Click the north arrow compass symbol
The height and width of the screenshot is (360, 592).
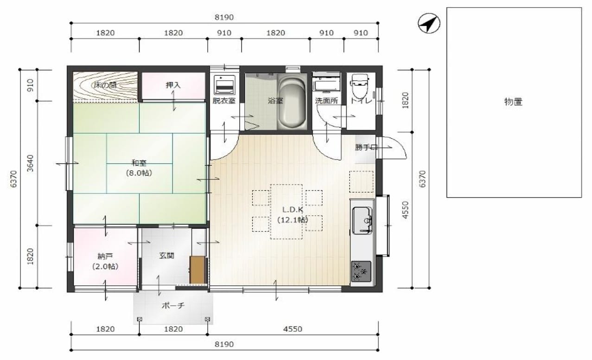coord(429,23)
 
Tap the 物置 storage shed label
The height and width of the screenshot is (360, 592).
coord(513,102)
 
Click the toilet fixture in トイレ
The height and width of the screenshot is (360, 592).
coord(360,87)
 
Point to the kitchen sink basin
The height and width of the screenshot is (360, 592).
coord(362,220)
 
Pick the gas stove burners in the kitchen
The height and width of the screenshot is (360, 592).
coord(361,271)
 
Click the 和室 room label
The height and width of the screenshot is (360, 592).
coord(139,163)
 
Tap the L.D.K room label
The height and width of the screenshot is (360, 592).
coord(293,210)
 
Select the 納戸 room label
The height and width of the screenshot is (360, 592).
coord(105,256)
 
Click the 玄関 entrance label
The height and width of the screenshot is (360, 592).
coord(166,256)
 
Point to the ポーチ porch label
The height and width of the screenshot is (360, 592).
coord(173,306)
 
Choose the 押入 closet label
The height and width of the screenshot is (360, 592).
coord(173,85)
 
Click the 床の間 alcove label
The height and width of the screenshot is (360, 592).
coord(105,85)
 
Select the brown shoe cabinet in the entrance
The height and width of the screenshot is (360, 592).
coord(197,270)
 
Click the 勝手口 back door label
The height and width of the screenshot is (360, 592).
coord(366,148)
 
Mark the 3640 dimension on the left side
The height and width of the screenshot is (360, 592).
coord(31,163)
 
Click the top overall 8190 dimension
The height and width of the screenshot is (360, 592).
coord(224,18)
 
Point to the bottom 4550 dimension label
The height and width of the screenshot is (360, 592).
coord(293,329)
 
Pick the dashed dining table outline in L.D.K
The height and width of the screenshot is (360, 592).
coord(286,212)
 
